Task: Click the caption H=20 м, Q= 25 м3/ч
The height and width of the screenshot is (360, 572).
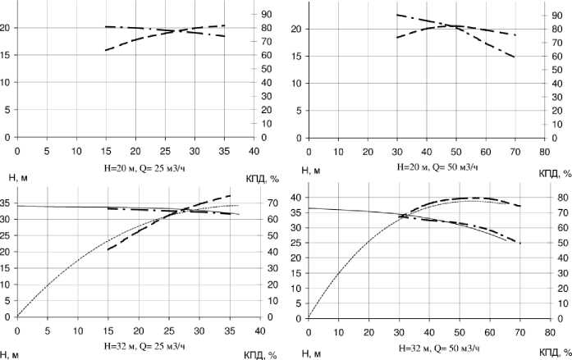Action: click(135, 166)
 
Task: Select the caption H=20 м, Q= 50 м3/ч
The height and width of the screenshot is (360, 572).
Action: click(426, 166)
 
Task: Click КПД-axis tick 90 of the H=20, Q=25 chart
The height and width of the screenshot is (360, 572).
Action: click(268, 15)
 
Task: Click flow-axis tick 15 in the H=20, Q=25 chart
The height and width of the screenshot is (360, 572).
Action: click(106, 153)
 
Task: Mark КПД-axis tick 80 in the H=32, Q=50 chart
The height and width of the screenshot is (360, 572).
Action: click(558, 198)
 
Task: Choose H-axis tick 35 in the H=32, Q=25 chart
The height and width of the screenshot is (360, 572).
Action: click(7, 202)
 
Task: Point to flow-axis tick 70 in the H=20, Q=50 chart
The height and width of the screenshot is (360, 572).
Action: click(514, 153)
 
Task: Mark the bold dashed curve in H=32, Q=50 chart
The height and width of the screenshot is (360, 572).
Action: click(460, 198)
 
